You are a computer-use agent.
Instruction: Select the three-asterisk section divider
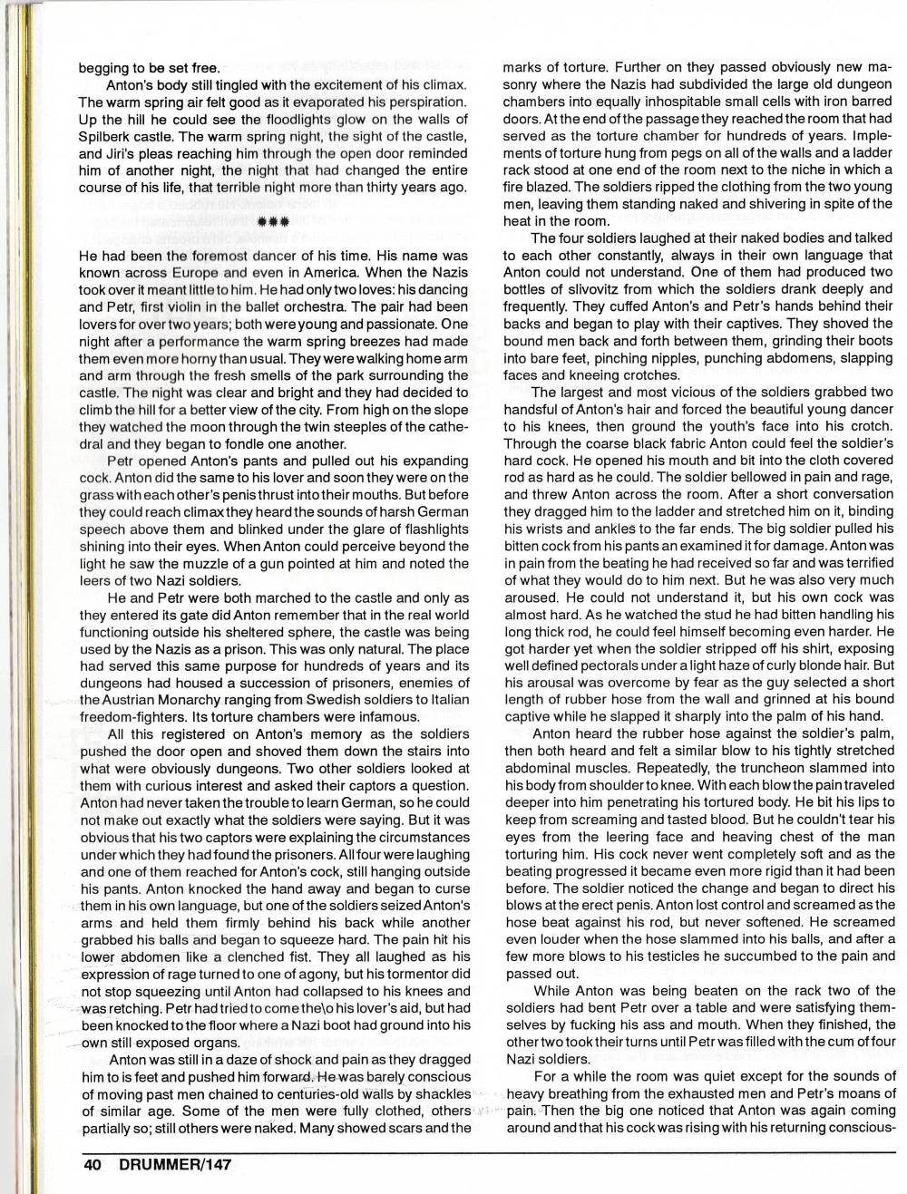pyautogui.click(x=273, y=220)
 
